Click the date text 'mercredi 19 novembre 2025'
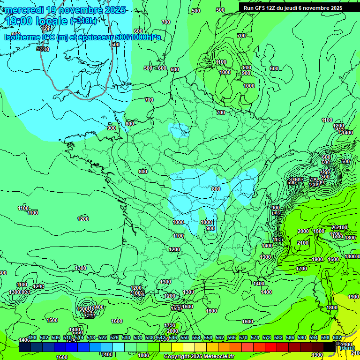point(65,10)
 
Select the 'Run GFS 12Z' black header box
point(293,8)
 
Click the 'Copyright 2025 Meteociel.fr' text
point(199,356)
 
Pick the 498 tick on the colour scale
point(32,337)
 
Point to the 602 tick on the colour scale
point(337,337)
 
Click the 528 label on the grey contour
point(41,49)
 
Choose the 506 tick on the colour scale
point(56,337)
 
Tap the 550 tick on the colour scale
point(185,337)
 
